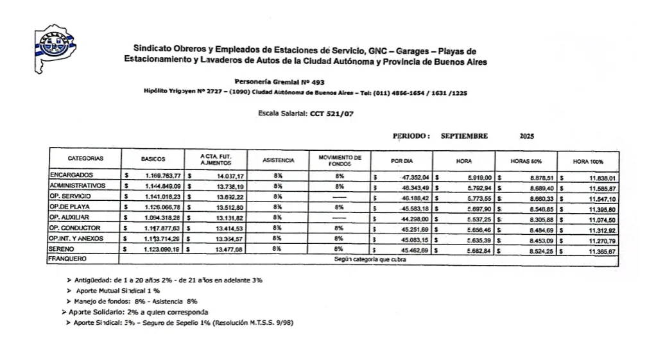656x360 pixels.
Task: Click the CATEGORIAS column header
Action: coord(85,158)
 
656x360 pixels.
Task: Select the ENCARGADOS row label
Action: coord(71,175)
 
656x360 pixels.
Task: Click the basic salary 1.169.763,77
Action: coord(161,175)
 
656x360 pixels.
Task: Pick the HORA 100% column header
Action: coord(589,162)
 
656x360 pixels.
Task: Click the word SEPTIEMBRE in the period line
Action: coord(464,136)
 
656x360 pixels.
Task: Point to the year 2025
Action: coord(526,136)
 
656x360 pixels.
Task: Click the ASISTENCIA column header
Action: coord(279,159)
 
